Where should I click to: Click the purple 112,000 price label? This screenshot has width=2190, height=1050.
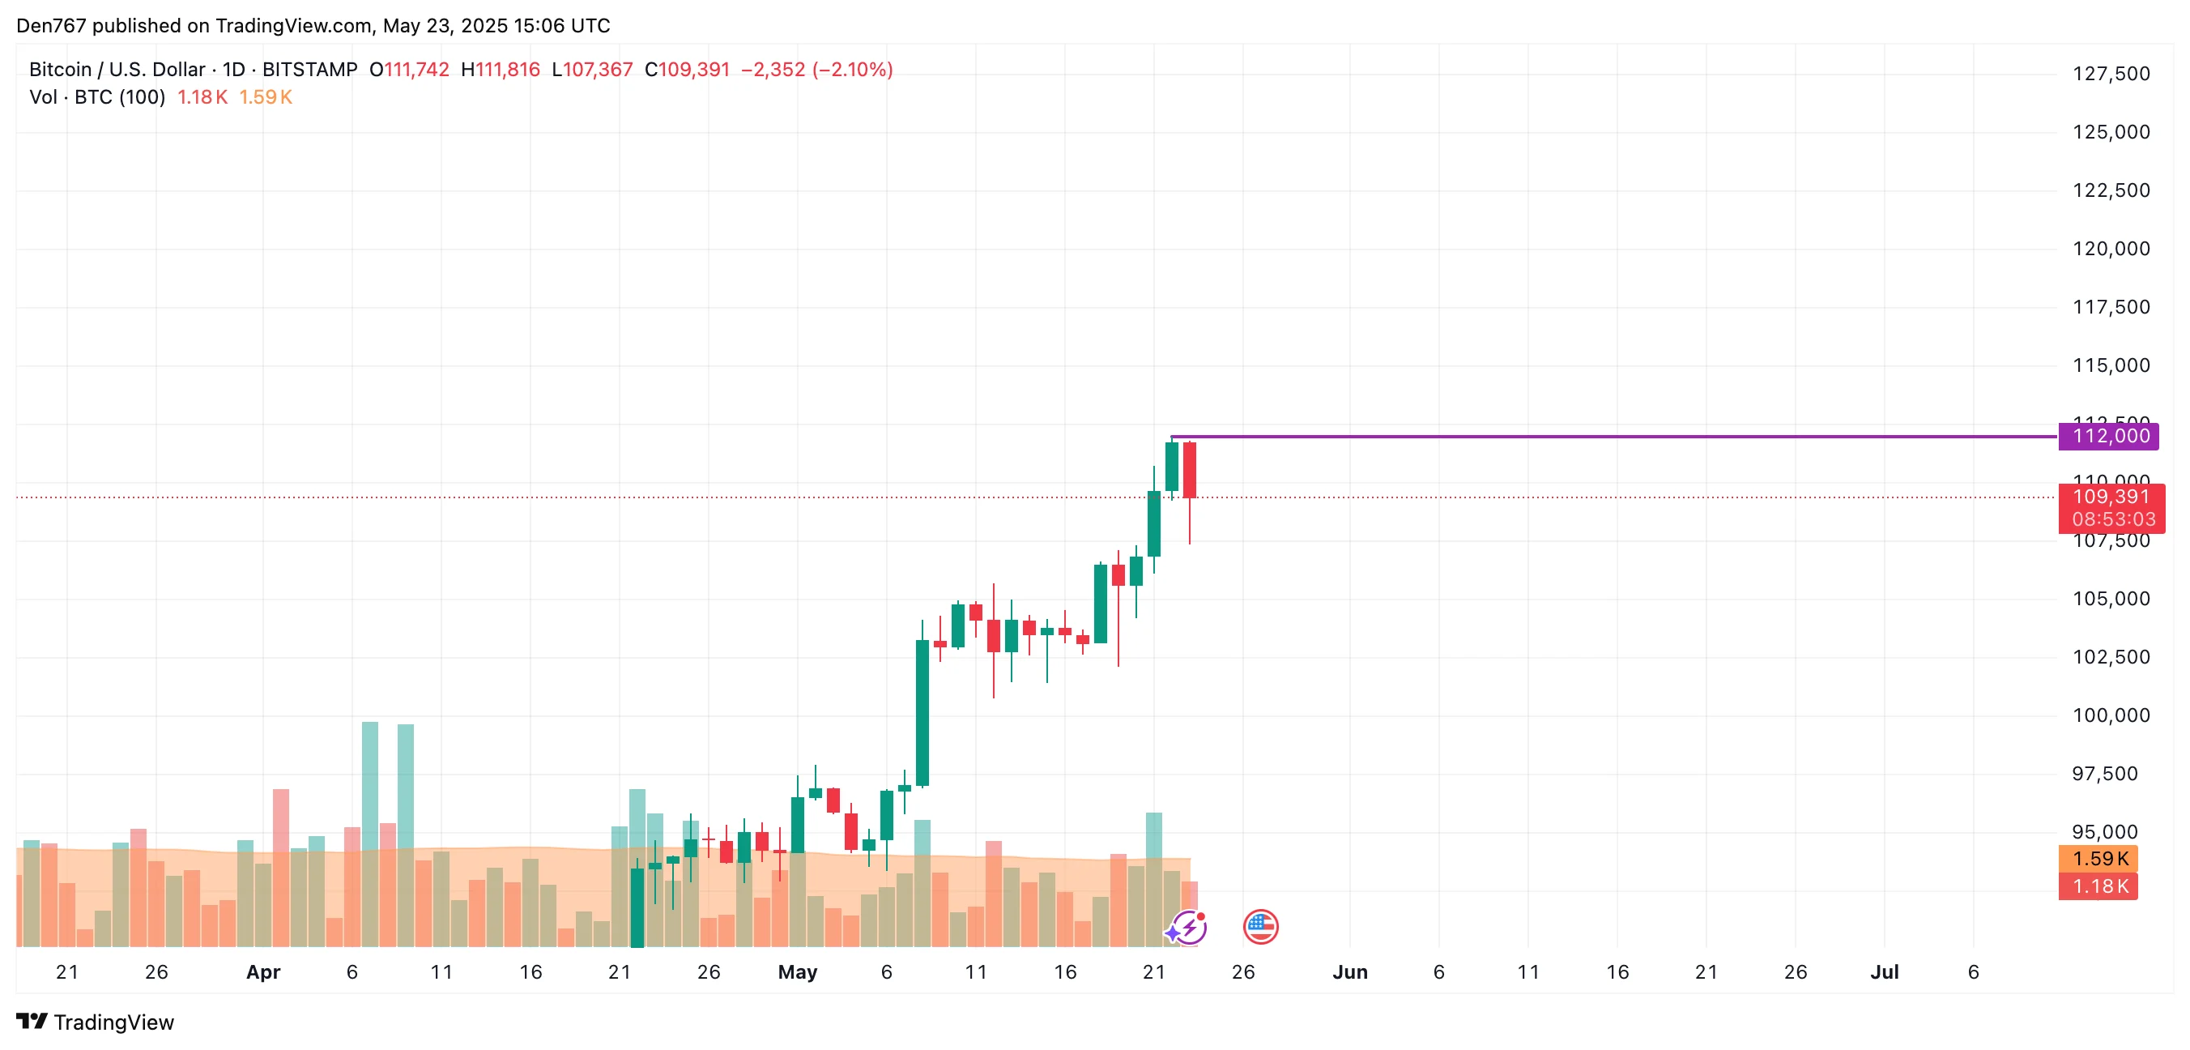tap(2111, 436)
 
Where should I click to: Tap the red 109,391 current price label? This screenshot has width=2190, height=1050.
tap(2111, 497)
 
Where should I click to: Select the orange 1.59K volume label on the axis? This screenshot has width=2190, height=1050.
tap(2098, 859)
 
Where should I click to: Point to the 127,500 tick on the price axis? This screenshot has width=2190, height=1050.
tap(2111, 74)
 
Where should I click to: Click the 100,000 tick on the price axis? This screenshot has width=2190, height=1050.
tap(2111, 715)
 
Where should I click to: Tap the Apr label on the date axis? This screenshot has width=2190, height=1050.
tap(262, 971)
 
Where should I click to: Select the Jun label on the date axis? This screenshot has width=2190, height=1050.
tap(1349, 971)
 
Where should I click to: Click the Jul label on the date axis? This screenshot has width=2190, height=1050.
tap(1884, 971)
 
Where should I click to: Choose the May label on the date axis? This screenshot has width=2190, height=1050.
tap(798, 971)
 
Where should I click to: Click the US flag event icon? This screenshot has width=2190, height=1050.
tap(1260, 927)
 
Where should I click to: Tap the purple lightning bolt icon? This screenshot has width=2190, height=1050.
tap(1187, 928)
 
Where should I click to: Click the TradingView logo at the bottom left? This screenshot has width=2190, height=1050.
tap(96, 1022)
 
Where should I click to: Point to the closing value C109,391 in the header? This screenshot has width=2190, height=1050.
tap(687, 70)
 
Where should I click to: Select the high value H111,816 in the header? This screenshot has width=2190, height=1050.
tap(500, 70)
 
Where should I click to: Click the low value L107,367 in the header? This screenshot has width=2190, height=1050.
tap(592, 70)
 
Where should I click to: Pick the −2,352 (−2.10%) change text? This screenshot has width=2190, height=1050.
tap(816, 70)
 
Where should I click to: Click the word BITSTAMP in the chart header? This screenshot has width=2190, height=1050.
tap(309, 70)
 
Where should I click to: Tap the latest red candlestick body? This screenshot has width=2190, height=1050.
tap(1190, 469)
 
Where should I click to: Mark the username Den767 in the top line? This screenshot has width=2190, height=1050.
tap(51, 25)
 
